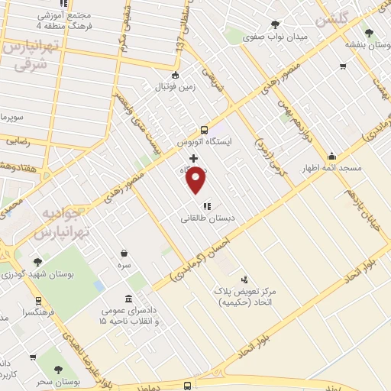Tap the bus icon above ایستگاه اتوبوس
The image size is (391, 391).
[203, 130]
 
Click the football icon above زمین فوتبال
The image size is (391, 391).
[176, 75]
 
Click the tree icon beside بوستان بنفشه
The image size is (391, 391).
[370, 33]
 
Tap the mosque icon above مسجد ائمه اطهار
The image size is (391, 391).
[331, 155]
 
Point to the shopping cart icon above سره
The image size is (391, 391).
[124, 253]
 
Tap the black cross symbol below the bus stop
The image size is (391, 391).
[194, 158]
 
